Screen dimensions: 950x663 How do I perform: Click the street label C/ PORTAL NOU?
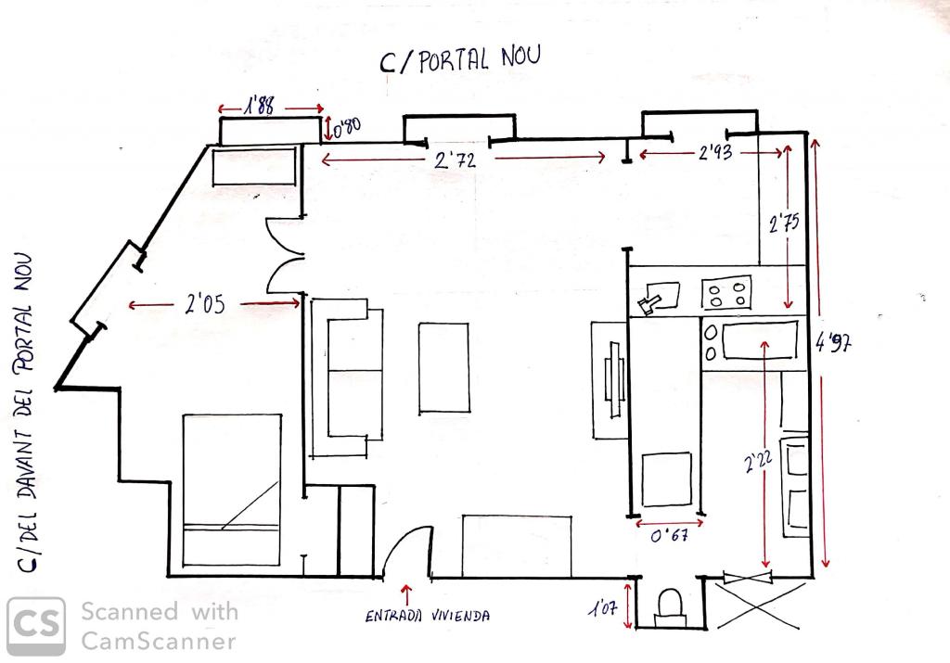tap(460, 59)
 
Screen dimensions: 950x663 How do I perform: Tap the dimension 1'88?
tap(260, 107)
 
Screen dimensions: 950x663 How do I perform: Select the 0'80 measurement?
tap(347, 127)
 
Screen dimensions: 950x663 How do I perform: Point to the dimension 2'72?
tap(456, 159)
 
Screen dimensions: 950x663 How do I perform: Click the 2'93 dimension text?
tap(715, 153)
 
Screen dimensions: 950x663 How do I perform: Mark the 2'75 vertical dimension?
tap(784, 223)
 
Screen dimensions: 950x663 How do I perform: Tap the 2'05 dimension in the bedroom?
tap(205, 303)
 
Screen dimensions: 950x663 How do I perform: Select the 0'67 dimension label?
tap(669, 535)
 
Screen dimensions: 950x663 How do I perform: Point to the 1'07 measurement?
tap(602, 607)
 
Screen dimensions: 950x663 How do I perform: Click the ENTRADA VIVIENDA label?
tap(427, 616)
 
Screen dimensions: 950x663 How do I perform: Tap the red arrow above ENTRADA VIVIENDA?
tap(406, 594)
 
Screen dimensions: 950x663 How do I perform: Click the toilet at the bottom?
tap(670, 607)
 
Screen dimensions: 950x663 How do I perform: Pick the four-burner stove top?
tap(726, 293)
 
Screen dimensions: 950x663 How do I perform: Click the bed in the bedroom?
tap(232, 490)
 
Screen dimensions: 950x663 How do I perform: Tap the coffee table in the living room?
tap(443, 368)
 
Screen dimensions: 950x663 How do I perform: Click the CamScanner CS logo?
tap(36, 626)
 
